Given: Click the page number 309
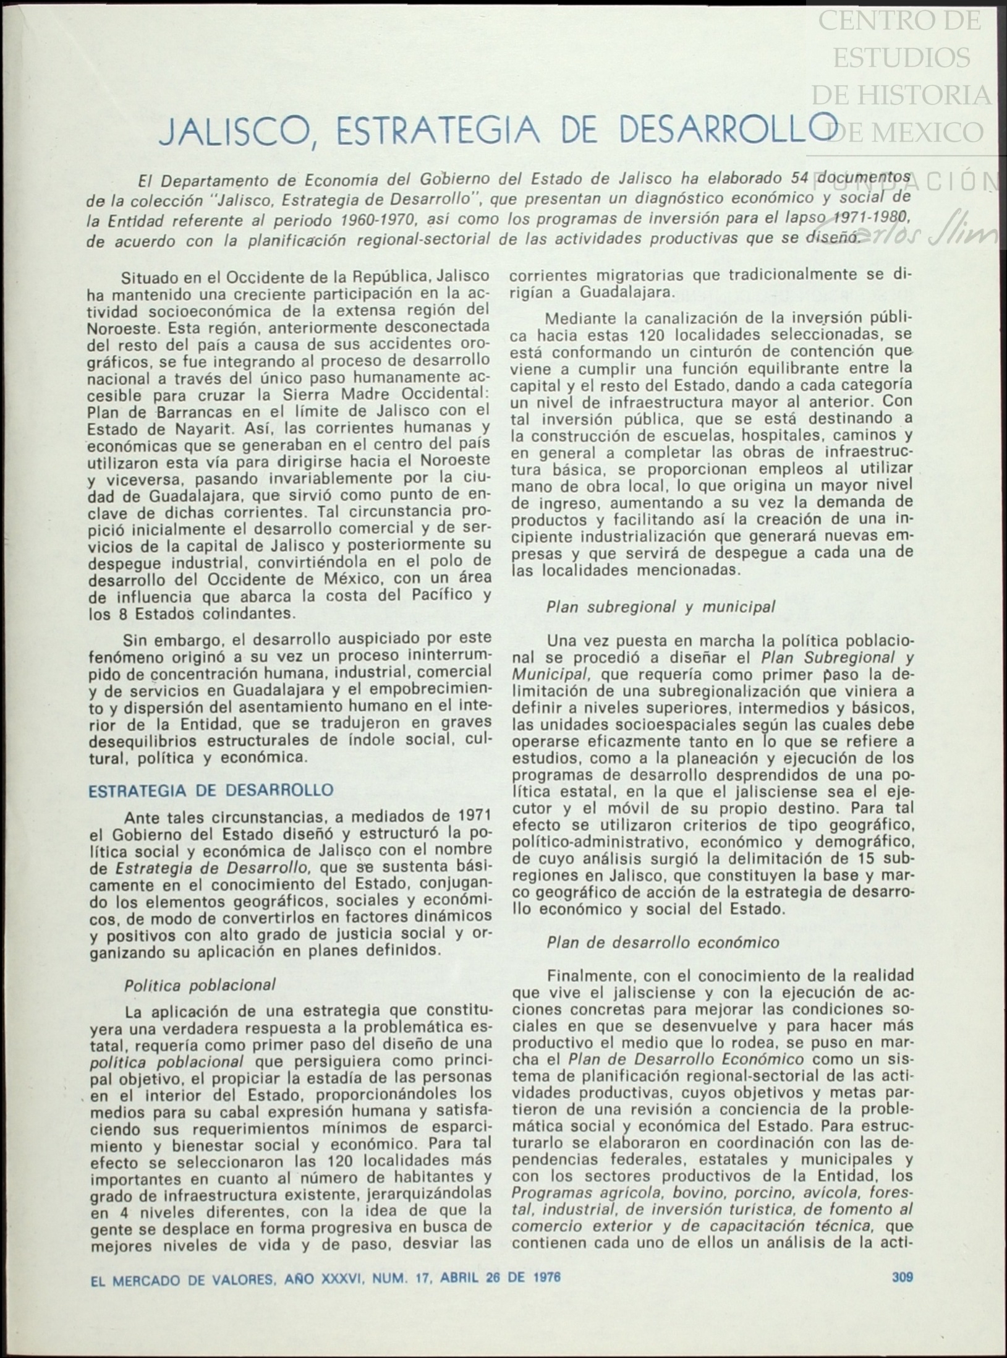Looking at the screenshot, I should point(902,1277).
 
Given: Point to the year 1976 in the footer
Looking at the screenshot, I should point(545,1278).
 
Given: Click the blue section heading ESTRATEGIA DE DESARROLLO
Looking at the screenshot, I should point(211,791).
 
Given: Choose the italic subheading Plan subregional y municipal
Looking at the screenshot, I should point(660,607).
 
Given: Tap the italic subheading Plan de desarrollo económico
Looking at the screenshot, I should point(662,942).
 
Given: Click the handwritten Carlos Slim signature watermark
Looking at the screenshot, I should point(909,235).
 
